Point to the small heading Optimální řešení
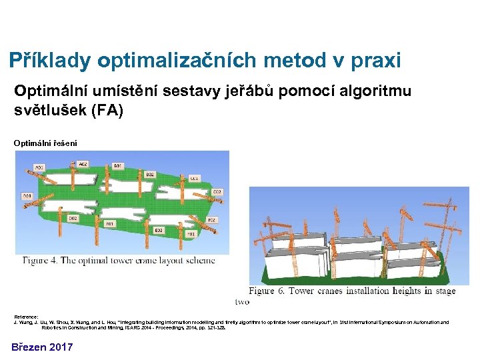tap(45, 143)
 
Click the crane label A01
tap(39, 167)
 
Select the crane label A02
tap(83, 163)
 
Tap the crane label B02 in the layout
tap(150, 174)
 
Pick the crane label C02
tap(217, 192)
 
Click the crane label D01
tap(27, 196)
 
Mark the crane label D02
tap(73, 218)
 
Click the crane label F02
tap(211, 219)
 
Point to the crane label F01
tap(190, 234)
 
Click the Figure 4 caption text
tap(119, 260)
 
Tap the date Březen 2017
tap(41, 347)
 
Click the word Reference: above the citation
tap(26, 316)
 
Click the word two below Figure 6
tap(241, 301)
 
